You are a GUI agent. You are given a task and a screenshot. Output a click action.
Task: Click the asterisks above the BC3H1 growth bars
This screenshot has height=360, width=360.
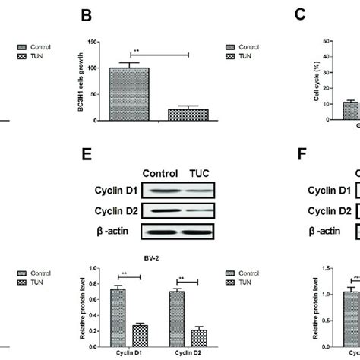(x=135, y=52)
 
